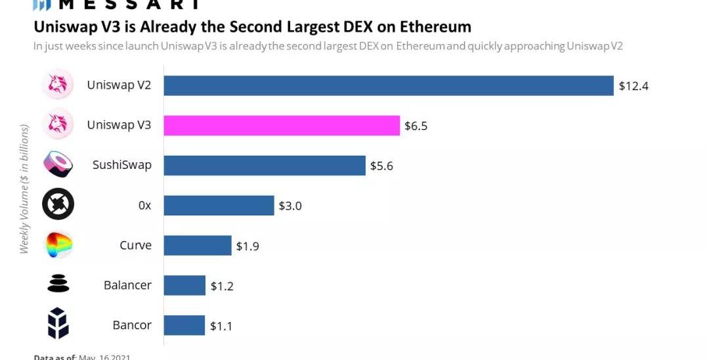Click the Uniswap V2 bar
[x=388, y=85]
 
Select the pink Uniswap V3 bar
[x=282, y=125]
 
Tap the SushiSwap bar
[x=264, y=166]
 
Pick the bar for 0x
[x=219, y=206]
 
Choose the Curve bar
[x=197, y=246]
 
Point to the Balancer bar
[x=184, y=286]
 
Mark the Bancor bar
[x=184, y=325]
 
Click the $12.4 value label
[x=634, y=85]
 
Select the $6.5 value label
[x=416, y=125]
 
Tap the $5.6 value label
[x=381, y=166]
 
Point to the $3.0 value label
[x=290, y=206]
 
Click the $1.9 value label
[x=247, y=246]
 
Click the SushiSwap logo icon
[x=58, y=165]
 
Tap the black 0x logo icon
[x=58, y=205]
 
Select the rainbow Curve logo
[x=58, y=245]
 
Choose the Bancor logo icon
[x=58, y=325]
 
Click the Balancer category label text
[x=127, y=285]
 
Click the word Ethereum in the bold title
[x=433, y=27]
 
